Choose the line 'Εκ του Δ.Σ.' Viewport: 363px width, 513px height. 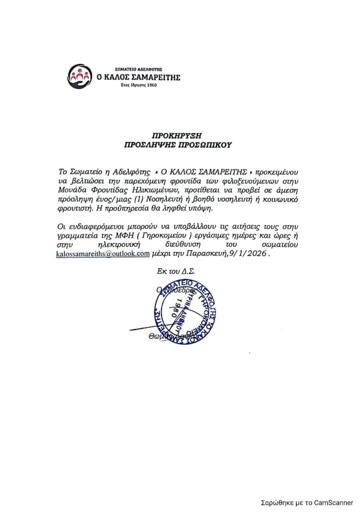(176, 271)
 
